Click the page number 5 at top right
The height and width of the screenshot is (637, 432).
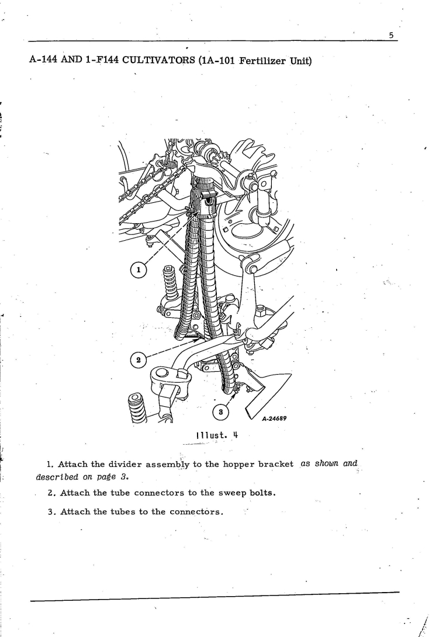(x=391, y=35)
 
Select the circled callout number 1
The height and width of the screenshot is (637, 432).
(x=139, y=270)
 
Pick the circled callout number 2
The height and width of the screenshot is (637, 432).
(x=139, y=360)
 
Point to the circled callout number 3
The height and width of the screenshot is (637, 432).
(x=220, y=412)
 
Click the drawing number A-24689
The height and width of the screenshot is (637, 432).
(x=274, y=418)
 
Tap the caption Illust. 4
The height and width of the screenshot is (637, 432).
(x=217, y=435)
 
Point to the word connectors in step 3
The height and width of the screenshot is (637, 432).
(x=196, y=512)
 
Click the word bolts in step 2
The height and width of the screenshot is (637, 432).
(x=262, y=493)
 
